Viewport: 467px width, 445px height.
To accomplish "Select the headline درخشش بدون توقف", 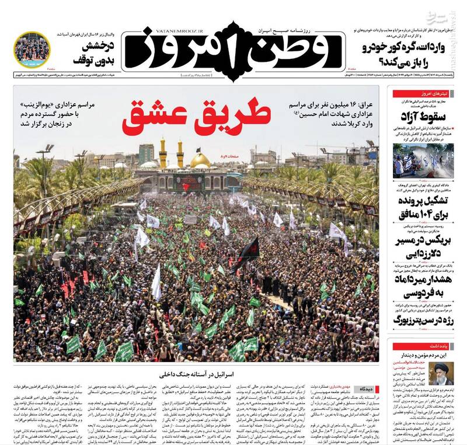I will [93, 53].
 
